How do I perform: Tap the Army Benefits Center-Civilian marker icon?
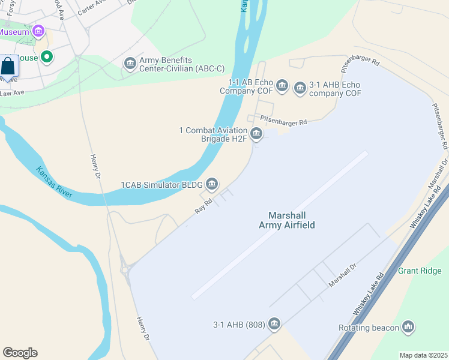pos(130,63)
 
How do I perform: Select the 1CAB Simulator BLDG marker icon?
pos(212,184)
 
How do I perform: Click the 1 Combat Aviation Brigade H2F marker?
pos(256,133)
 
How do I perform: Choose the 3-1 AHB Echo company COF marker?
pos(300,89)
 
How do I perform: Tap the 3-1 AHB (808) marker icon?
pos(274,324)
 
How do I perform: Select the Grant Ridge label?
pos(420,271)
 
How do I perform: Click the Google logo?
pos(20,353)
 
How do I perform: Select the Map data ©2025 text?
pos(423,355)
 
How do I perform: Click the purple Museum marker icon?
pos(39,31)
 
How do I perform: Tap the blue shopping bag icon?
pos(8,65)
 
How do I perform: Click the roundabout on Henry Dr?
pos(125,270)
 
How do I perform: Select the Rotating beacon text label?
pos(369,328)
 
